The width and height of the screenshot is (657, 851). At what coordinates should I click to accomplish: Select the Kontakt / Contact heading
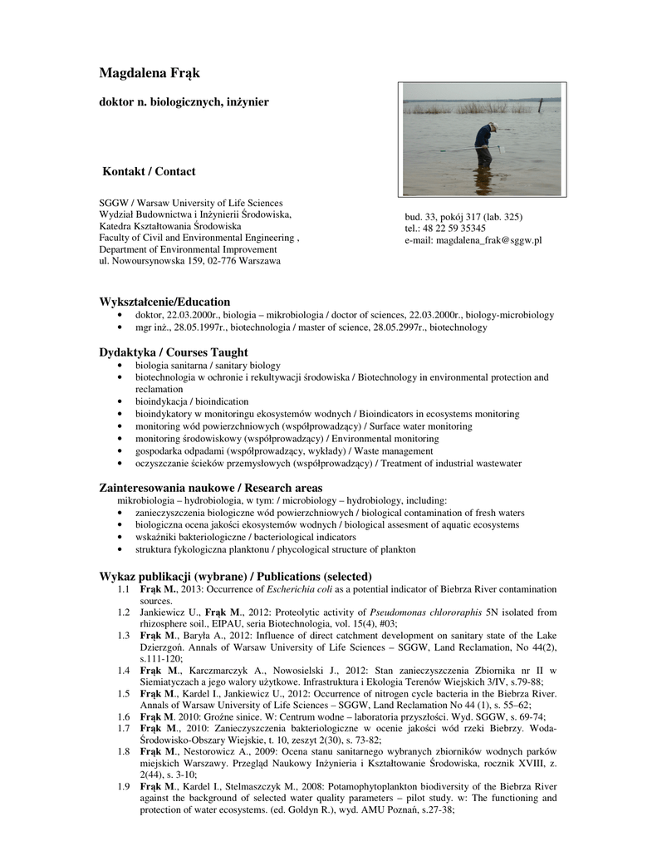(x=149, y=172)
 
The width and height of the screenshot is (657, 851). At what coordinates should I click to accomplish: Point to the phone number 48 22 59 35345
(x=454, y=229)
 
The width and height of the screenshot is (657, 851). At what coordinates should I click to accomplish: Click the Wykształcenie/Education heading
(x=164, y=302)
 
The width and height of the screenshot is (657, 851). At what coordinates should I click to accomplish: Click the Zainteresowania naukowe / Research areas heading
(x=211, y=488)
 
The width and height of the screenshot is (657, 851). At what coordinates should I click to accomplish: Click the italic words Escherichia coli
(x=297, y=589)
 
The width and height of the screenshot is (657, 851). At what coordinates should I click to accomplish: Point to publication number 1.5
(x=124, y=693)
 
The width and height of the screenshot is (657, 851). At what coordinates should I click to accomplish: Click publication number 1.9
(x=124, y=786)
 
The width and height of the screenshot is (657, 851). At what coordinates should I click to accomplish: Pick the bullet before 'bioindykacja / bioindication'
(x=122, y=401)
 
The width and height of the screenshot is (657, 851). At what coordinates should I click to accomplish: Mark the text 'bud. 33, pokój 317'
(x=444, y=217)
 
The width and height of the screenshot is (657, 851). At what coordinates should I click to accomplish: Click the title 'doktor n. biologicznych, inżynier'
(x=184, y=101)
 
